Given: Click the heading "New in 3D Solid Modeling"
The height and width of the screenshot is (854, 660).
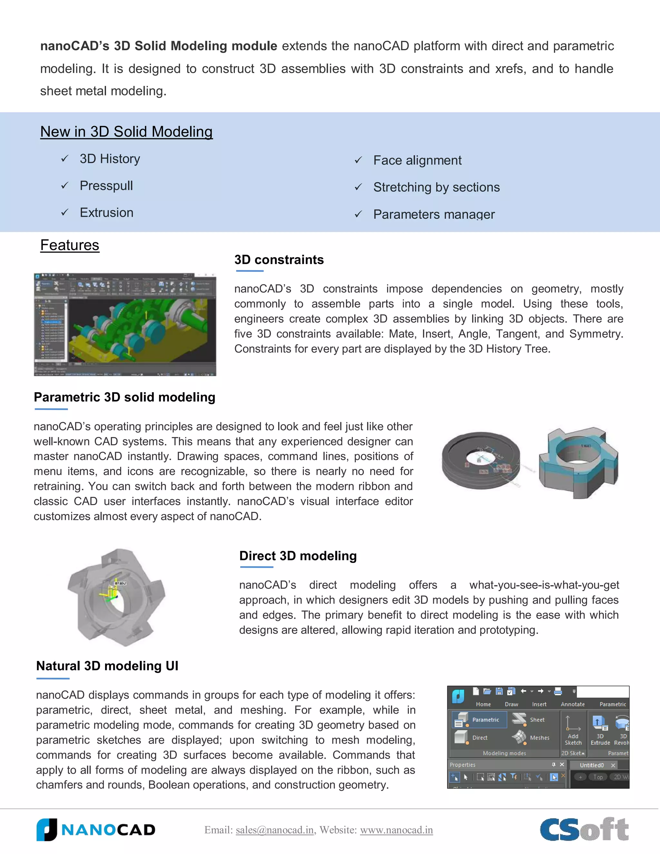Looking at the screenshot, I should click(x=126, y=132).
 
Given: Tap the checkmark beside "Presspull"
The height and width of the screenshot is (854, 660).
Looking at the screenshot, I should click(x=65, y=185).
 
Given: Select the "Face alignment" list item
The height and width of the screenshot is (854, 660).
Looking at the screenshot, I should click(x=417, y=160).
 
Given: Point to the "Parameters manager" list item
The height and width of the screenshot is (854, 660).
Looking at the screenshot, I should click(x=434, y=214).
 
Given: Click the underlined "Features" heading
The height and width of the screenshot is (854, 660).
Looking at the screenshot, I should click(x=70, y=245).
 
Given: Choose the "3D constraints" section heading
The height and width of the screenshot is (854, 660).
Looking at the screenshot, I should click(x=279, y=260).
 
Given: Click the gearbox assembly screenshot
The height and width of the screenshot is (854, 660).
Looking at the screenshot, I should click(x=125, y=325).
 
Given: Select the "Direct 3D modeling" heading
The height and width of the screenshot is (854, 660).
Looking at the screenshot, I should click(x=298, y=556).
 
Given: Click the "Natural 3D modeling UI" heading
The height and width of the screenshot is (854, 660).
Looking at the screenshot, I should click(x=107, y=666).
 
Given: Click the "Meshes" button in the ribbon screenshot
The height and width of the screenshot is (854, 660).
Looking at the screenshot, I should click(x=531, y=737).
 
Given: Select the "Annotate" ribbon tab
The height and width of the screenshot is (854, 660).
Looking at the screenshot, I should click(x=573, y=704).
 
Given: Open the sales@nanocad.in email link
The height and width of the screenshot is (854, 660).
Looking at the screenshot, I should click(x=275, y=830).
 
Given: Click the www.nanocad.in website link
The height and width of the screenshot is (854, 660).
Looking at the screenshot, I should click(x=396, y=830).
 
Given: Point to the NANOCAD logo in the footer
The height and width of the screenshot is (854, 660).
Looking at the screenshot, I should click(x=96, y=830).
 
